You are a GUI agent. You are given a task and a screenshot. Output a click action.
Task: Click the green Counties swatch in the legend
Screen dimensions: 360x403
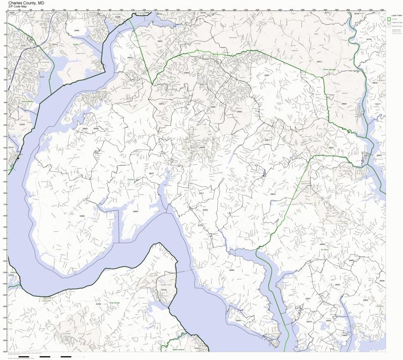tap(389, 19)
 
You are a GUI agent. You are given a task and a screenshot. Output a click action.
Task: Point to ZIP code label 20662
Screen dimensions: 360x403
tap(82, 216)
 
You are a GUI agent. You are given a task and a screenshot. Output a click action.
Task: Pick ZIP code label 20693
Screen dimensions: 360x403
tap(135, 212)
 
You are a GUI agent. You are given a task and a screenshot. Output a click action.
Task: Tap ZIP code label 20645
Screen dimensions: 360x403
tap(238, 321)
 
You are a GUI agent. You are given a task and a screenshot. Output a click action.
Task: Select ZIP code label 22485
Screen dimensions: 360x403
tap(98, 304)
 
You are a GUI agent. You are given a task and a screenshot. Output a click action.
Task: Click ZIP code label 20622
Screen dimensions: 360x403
tap(273, 194)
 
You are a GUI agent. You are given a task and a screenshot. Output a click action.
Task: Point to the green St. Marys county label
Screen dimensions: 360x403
tap(324, 250)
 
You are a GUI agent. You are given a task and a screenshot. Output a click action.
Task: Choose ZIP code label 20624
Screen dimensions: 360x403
tap(337, 285)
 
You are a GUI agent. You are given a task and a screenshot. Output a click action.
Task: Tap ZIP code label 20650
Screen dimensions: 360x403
tap(366, 300)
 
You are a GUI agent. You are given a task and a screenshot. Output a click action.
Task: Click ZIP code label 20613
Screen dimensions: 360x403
tap(319, 62)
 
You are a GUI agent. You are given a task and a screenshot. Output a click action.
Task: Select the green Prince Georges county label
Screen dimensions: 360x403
tap(329, 75)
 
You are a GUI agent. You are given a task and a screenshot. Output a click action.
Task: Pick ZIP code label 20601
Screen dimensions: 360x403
tap(267, 75)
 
